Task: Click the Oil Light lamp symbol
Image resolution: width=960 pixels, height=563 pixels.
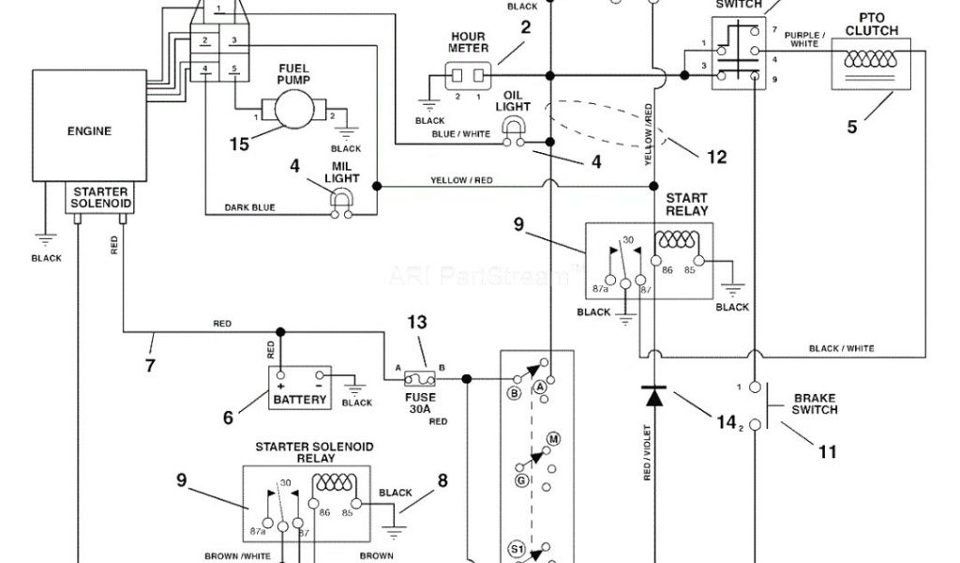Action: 514,137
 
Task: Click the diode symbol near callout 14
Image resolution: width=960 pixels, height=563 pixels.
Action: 654,395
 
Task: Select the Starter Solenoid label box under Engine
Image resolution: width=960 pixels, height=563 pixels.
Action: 102,197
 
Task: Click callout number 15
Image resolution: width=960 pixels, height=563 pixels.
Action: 241,145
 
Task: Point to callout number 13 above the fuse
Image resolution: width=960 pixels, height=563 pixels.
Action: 417,322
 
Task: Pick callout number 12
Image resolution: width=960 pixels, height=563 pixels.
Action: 716,158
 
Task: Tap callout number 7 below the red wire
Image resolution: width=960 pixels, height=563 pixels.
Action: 150,366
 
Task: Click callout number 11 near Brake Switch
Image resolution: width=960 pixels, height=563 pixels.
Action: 826,451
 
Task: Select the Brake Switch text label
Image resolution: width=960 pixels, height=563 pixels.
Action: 814,403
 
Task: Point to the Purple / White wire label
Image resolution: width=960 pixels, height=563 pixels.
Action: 804,39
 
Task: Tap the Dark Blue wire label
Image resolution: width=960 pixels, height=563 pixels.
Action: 249,207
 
